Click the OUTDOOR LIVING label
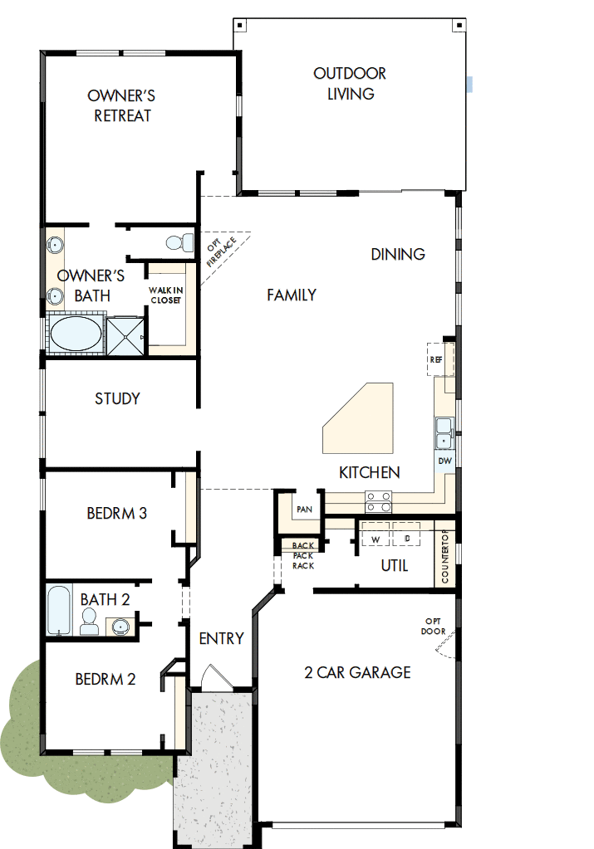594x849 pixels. [x=350, y=84]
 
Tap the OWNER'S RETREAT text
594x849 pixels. [x=122, y=106]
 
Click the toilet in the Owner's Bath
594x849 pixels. [x=174, y=243]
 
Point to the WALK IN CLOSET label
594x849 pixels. [x=165, y=295]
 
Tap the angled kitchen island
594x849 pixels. [x=358, y=418]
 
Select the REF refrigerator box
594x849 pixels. [x=437, y=360]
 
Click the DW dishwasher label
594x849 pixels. [x=444, y=461]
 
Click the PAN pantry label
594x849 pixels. [x=303, y=509]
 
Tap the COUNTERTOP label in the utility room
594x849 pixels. [x=445, y=556]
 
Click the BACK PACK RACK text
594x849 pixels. [x=302, y=555]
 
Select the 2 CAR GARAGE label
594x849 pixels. [x=357, y=672]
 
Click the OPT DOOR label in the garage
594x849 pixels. [x=434, y=626]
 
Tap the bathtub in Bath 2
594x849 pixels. [x=61, y=611]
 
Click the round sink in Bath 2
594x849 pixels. [x=120, y=626]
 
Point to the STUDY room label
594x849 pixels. [x=117, y=398]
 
